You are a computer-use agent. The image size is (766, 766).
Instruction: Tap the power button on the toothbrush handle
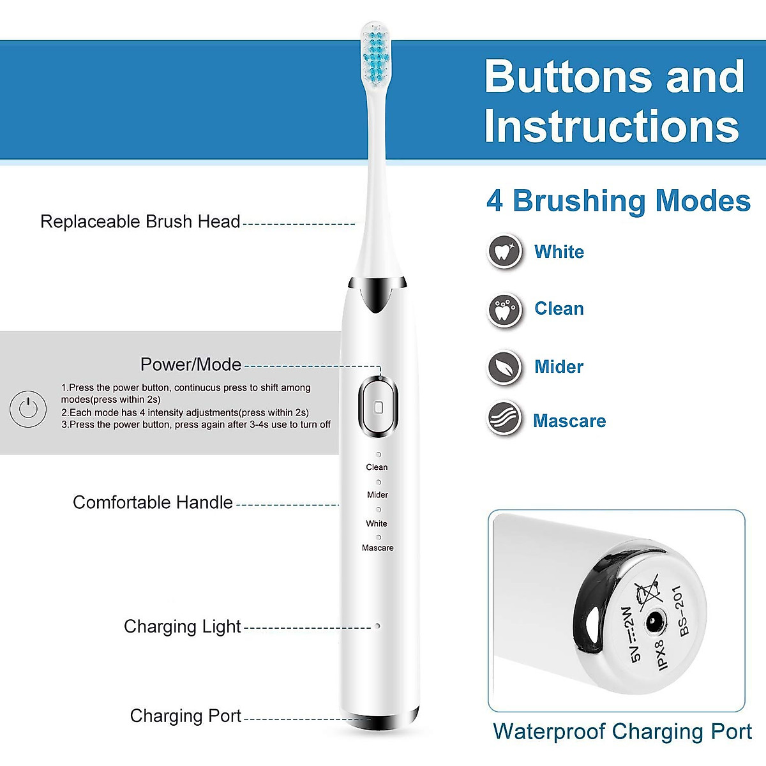pos(378,407)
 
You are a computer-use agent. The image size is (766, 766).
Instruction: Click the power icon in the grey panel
pos(28,408)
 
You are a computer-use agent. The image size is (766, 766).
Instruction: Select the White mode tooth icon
pos(505,252)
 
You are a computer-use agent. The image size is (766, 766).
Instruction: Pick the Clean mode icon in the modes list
pos(505,310)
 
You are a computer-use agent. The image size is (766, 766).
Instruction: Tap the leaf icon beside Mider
pos(505,367)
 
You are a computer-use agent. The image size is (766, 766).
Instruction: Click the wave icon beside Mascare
pos(505,419)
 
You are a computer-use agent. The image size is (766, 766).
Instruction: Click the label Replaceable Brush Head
pos(140,222)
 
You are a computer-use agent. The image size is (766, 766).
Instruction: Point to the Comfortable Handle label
pos(153,502)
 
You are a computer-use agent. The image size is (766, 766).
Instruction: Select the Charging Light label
pos(182,626)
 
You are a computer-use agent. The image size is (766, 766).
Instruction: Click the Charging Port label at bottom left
pos(185,716)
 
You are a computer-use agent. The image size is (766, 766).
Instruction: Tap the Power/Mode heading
pos(191,364)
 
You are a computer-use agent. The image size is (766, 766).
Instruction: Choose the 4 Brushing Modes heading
pos(618,201)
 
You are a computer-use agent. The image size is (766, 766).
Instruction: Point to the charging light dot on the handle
pos(378,626)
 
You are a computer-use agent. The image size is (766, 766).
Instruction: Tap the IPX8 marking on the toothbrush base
pos(661,655)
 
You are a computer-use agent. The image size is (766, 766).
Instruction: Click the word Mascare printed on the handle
pos(377,548)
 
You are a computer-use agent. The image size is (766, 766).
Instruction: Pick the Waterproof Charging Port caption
pos(622,732)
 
